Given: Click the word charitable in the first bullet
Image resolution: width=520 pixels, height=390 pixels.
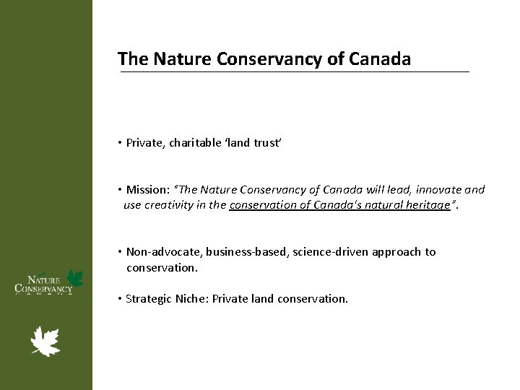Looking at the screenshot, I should [x=196, y=143].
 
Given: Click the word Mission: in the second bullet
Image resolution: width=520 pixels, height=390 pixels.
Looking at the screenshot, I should [x=148, y=190].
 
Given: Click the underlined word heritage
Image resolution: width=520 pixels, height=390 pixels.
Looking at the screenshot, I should [x=425, y=205].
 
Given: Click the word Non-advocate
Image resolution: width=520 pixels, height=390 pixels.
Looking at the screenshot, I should [x=164, y=252].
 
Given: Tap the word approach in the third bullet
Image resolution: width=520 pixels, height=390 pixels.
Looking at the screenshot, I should [x=399, y=252].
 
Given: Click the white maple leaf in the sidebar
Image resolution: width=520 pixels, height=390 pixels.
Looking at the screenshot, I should [x=45, y=342].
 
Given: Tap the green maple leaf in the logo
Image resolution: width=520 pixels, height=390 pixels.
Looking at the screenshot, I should [x=75, y=277].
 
